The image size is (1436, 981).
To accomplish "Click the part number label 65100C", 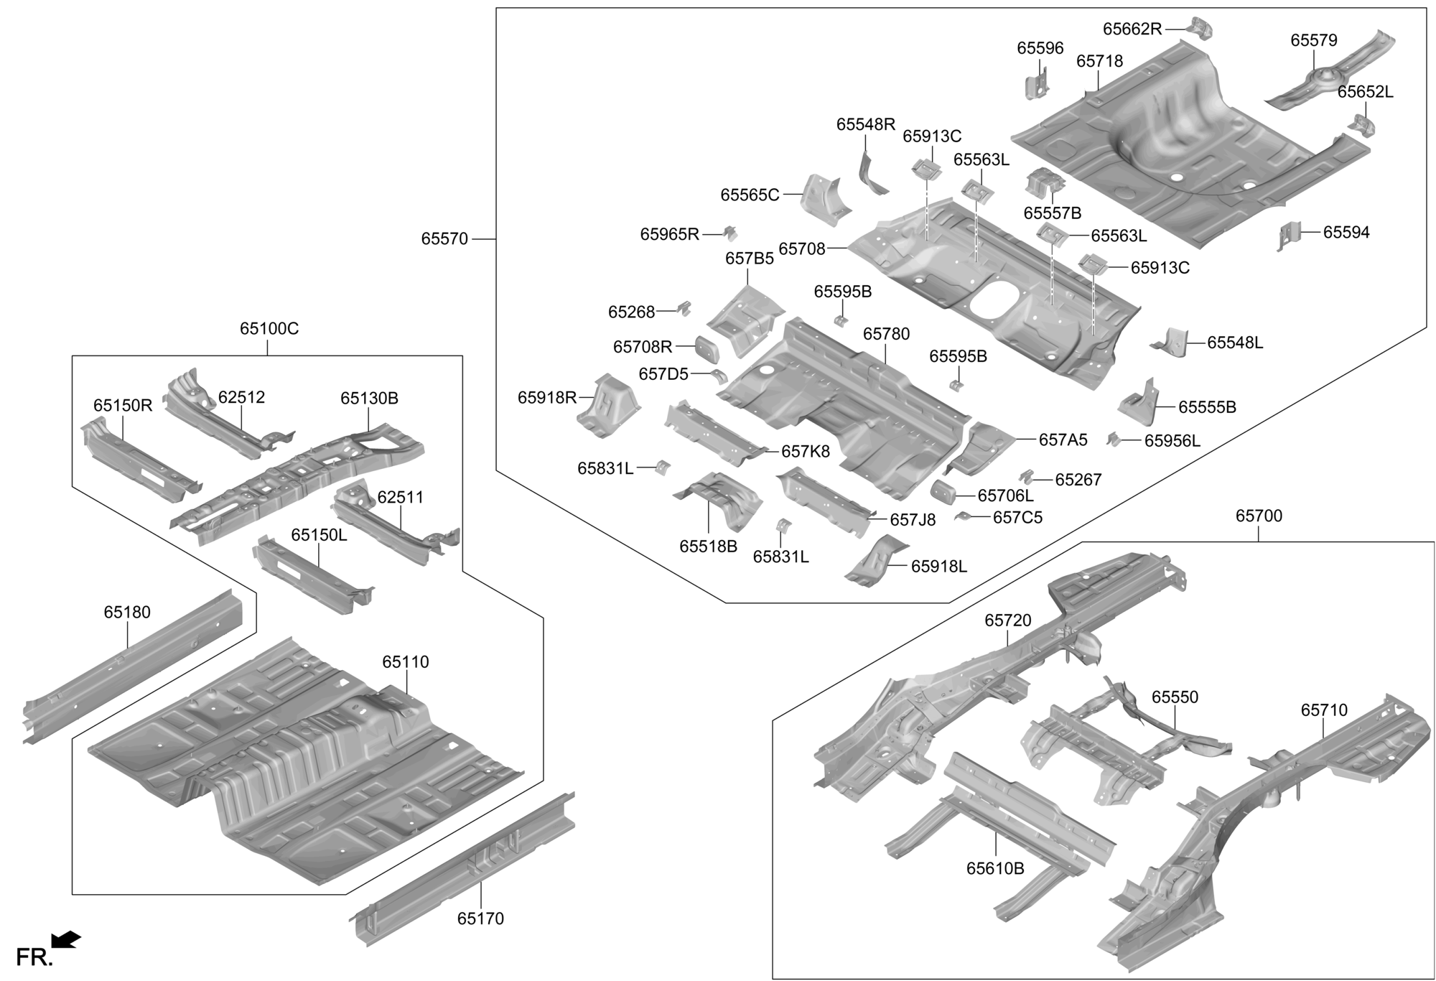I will tap(269, 329).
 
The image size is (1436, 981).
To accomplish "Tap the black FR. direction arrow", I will tap(66, 939).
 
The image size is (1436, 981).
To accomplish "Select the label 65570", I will tap(444, 239).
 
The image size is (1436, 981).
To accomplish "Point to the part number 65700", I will tap(1259, 516).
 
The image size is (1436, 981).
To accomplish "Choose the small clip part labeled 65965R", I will tap(730, 233).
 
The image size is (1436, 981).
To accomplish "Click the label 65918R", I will tap(546, 397).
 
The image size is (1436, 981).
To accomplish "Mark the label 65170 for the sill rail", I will tap(480, 919).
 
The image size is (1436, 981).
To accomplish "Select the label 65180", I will tap(127, 613).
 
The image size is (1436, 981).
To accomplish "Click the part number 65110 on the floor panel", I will tap(406, 662).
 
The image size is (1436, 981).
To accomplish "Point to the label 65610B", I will tap(995, 868).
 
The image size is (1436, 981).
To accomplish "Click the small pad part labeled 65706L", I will tap(942, 492).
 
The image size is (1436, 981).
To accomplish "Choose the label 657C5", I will tap(1017, 518).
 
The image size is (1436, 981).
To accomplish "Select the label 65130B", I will tap(369, 399).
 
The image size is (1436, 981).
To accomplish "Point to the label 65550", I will tap(1175, 697).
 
